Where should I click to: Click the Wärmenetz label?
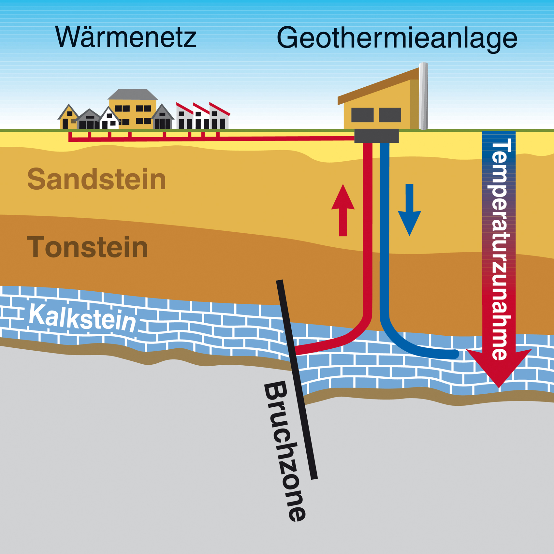(x=126, y=36)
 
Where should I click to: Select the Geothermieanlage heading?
(x=397, y=38)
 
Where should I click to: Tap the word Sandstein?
(x=97, y=179)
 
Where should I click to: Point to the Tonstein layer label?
(x=87, y=247)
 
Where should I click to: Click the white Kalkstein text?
(x=82, y=318)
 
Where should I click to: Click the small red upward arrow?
(x=343, y=210)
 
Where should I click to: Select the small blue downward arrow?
(x=409, y=210)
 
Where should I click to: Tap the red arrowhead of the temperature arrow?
(x=499, y=367)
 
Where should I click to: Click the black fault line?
(x=297, y=380)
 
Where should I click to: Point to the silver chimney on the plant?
(x=423, y=96)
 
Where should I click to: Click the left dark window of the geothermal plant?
(x=362, y=115)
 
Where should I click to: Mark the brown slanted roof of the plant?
(x=378, y=86)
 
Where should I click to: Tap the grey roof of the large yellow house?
(x=133, y=94)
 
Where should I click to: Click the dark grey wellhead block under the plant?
(x=376, y=136)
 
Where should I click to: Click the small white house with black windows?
(x=109, y=119)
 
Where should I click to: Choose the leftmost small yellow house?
(x=68, y=117)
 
